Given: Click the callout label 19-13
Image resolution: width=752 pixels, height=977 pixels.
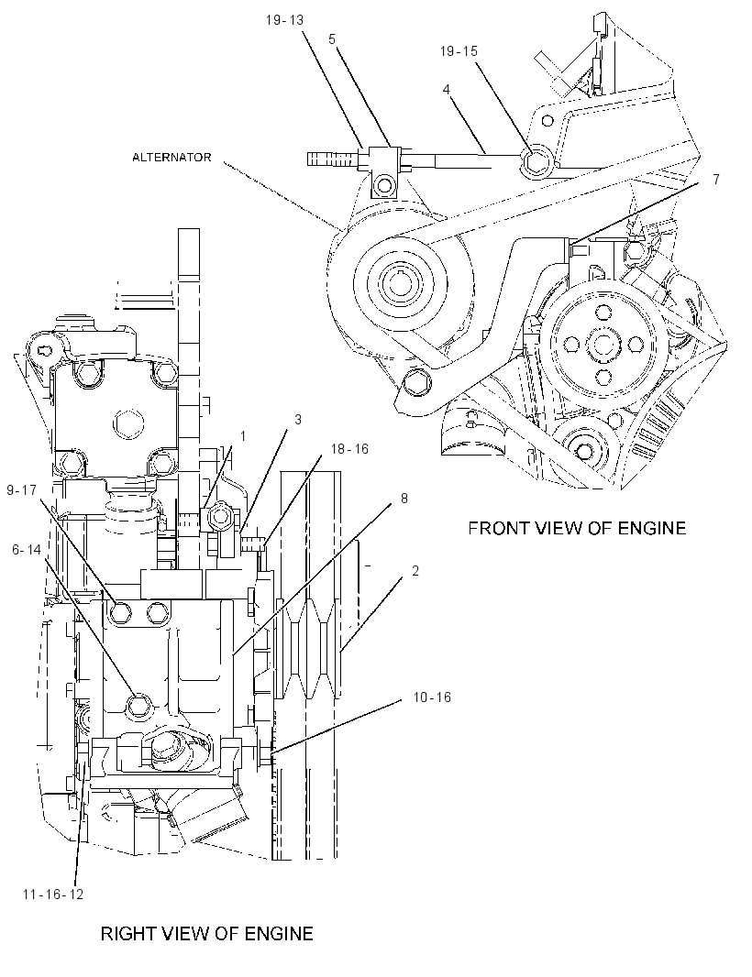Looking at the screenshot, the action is (284, 20).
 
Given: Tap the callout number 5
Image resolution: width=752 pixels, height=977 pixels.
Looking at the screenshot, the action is (332, 39).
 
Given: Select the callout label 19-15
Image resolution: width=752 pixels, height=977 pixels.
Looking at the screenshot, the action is (459, 51).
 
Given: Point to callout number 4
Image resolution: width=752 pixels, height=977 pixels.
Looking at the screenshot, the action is (446, 90).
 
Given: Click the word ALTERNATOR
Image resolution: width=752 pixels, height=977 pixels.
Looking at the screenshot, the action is (171, 157).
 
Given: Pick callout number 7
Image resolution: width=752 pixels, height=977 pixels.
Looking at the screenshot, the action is (716, 180).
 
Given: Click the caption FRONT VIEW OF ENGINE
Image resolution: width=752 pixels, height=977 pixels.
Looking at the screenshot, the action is (577, 529).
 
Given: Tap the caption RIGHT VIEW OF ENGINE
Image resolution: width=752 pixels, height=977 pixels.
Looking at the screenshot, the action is (207, 933).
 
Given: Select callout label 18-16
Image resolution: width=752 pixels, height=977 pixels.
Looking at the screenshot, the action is (349, 449).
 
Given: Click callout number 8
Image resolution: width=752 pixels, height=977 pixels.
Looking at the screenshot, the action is (404, 499).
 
